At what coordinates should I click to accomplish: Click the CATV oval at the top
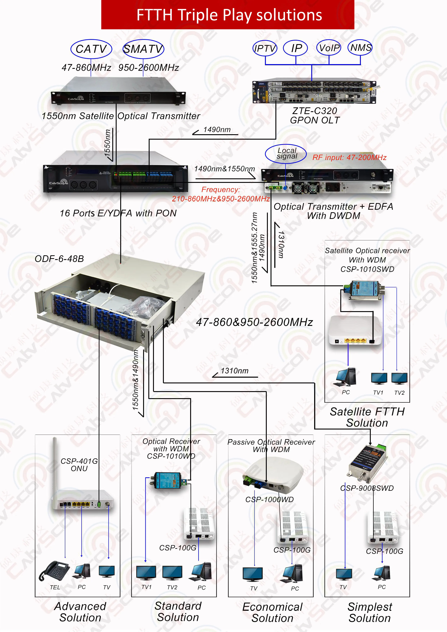click(91, 49)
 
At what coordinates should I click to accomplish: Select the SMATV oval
click(143, 49)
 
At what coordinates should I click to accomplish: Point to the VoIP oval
click(329, 48)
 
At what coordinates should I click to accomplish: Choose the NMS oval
click(360, 48)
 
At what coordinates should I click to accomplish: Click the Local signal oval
click(286, 154)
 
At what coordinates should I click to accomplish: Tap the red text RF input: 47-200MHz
click(349, 157)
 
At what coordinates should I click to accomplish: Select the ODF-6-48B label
click(59, 259)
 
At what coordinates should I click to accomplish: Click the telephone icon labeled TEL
click(54, 571)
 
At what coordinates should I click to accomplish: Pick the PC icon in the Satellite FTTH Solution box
click(346, 377)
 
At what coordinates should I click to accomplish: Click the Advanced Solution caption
click(80, 612)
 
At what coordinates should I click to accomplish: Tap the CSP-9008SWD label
click(367, 488)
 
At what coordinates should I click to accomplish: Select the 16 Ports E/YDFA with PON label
click(118, 213)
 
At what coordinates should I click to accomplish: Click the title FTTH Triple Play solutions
click(229, 15)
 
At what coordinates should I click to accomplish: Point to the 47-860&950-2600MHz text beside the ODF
click(255, 322)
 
